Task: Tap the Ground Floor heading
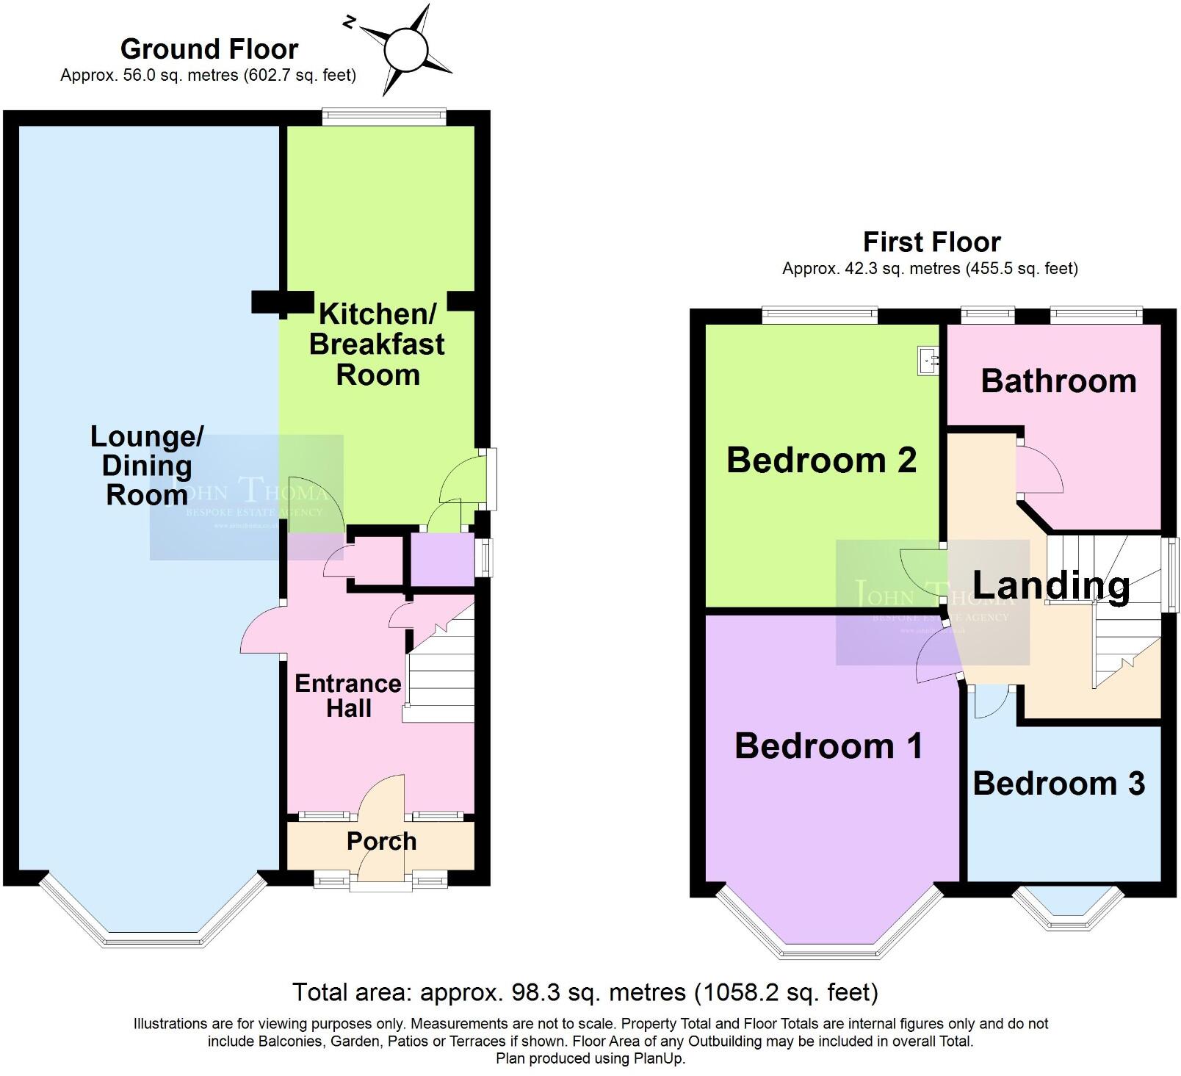click(209, 49)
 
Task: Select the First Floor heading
click(931, 242)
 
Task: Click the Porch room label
click(381, 841)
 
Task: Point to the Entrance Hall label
click(348, 696)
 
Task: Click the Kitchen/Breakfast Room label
click(377, 344)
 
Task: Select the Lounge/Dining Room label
click(147, 465)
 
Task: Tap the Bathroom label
click(1058, 380)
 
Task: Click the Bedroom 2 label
click(821, 461)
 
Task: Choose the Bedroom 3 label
click(1058, 784)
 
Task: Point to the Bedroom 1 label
click(828, 746)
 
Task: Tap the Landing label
click(1051, 585)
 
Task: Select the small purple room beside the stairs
click(441, 560)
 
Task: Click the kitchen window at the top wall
click(384, 116)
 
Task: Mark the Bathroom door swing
click(1039, 471)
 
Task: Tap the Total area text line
click(585, 992)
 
